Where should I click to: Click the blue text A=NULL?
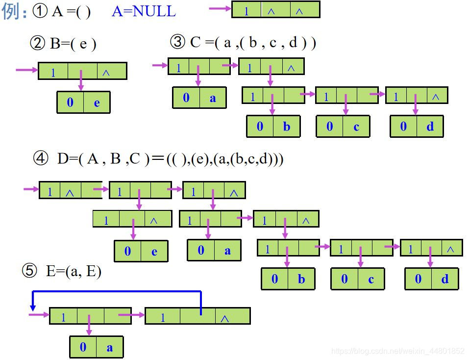click(144, 11)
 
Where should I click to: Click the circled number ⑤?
click(29, 271)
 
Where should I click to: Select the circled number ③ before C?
click(177, 42)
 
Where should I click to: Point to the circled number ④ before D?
click(41, 158)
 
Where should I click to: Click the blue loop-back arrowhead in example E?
click(33, 307)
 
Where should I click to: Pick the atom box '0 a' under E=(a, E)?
click(96, 347)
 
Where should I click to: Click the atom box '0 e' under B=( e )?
click(83, 102)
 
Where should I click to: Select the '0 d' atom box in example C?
click(417, 126)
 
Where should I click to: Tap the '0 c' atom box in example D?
click(358, 279)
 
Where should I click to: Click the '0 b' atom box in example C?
click(273, 126)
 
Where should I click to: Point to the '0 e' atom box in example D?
click(141, 251)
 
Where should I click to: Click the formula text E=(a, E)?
click(74, 271)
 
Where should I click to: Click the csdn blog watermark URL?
click(397, 351)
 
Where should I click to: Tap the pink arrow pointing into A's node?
click(220, 8)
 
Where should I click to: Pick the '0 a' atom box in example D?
click(214, 250)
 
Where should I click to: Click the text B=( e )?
click(73, 44)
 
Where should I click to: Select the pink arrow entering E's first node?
click(39, 314)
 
